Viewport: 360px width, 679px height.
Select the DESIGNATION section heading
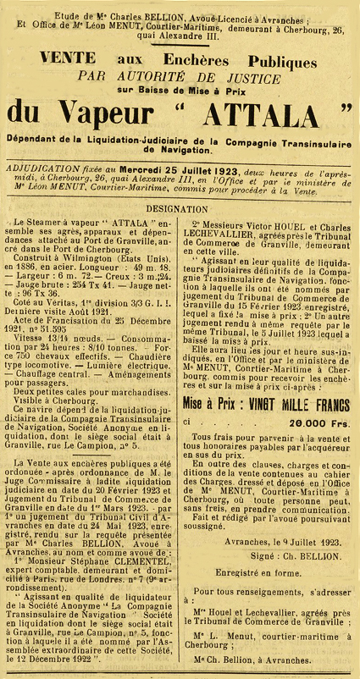click(x=180, y=207)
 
